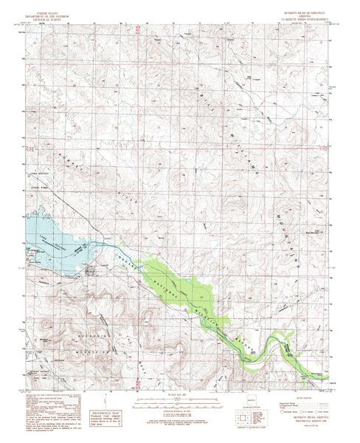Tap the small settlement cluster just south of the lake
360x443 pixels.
pos(90,271)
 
